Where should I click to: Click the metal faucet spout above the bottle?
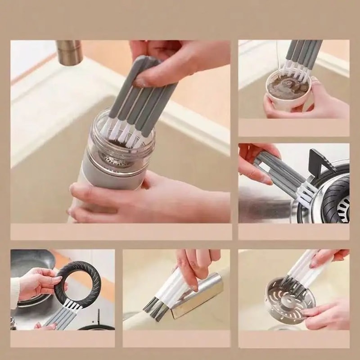[x=69, y=52]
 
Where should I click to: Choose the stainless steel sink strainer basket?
[x=288, y=299]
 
